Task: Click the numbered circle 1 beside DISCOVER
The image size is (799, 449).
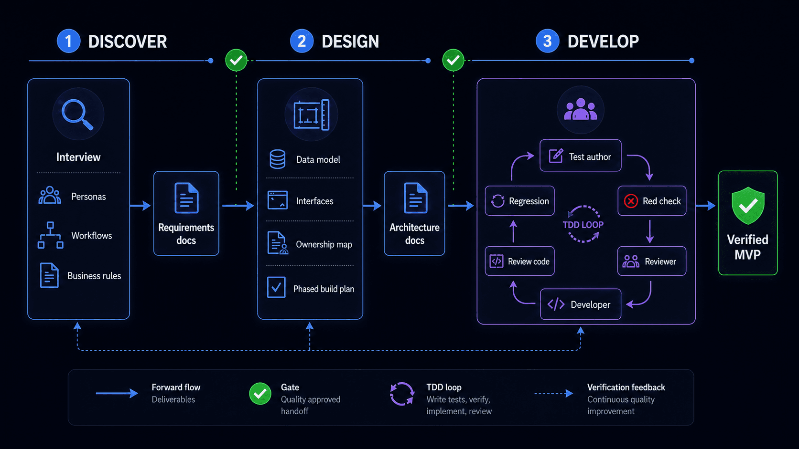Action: point(68,41)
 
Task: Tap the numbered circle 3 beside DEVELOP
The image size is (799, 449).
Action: point(548,41)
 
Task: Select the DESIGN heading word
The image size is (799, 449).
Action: point(350,42)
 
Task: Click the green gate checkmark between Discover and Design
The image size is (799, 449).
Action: point(236,60)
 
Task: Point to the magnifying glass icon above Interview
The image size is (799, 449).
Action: point(77,114)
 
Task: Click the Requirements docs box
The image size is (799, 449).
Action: point(186,213)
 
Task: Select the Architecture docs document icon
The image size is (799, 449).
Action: point(415,198)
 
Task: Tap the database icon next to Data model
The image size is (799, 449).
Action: point(278,159)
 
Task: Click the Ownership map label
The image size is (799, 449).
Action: point(324,244)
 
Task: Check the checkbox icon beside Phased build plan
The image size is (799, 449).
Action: point(276,288)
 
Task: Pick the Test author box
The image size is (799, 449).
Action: point(580,156)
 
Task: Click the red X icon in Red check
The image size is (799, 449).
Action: point(631,201)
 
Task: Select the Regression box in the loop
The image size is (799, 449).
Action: point(519,201)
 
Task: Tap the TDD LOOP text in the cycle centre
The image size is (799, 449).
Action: point(583,224)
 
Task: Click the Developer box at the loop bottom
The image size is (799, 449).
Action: point(580,304)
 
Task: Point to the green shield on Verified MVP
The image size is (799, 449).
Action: point(748,205)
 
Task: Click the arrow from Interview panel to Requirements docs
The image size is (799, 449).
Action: point(140,206)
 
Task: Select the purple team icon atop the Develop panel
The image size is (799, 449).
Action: point(580,110)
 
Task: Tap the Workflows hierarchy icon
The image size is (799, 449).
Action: point(50,235)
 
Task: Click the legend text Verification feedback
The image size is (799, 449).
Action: point(626,387)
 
